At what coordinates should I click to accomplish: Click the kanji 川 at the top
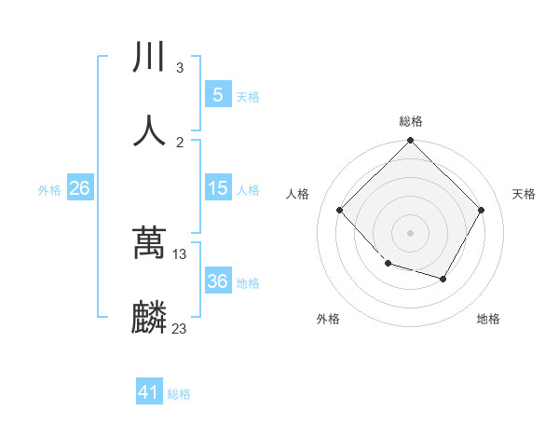pos(149,58)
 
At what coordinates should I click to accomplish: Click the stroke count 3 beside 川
pos(180,68)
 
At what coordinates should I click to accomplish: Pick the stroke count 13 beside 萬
pos(180,254)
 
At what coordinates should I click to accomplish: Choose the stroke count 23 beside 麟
pos(180,329)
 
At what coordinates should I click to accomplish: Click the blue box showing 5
pos(217,95)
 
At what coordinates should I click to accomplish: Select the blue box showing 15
pos(217,188)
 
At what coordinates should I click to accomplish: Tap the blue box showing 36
pos(217,281)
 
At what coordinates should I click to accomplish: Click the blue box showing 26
pos(79,188)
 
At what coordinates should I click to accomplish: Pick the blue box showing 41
pos(149,393)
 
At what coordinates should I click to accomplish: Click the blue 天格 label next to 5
pos(248,96)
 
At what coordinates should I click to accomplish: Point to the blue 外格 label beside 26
pos(49,189)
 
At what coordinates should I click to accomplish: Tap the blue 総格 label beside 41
pos(179,394)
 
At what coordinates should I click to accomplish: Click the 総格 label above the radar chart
pos(411,121)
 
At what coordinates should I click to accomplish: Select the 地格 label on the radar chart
pos(488,320)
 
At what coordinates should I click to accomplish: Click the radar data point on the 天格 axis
pos(482,210)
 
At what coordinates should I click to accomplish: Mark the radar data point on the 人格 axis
pos(340,210)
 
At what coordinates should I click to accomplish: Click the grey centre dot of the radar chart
pos(411,232)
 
